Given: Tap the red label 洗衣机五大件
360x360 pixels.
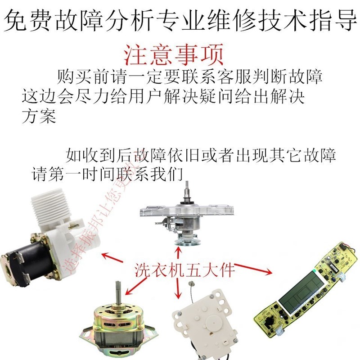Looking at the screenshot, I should [185, 270].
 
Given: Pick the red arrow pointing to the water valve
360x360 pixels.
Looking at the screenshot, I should [112, 258].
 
